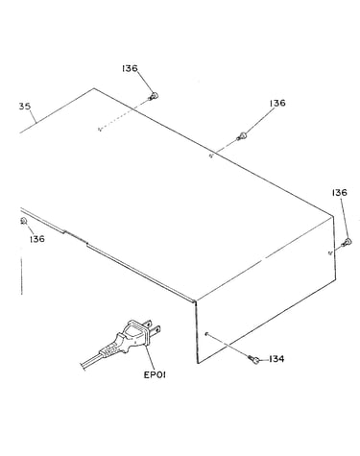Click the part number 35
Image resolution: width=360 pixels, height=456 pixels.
(x=25, y=107)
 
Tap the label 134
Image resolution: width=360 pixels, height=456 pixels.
(x=276, y=359)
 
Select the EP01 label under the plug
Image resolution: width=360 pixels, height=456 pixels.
(x=155, y=374)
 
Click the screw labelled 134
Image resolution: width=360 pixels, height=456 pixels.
(x=254, y=359)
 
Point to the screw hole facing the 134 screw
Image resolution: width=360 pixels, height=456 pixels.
(x=206, y=334)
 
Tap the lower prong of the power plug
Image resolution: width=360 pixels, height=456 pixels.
(x=156, y=329)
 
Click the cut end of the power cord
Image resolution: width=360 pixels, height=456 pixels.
(x=83, y=366)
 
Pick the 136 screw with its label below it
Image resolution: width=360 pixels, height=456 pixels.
(x=23, y=221)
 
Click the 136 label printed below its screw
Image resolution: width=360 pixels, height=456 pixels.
(x=37, y=239)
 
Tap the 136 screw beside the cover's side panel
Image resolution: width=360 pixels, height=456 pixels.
(x=347, y=242)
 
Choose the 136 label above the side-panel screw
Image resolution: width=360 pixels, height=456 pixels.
(x=340, y=193)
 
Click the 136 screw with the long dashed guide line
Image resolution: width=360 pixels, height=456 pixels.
(x=154, y=96)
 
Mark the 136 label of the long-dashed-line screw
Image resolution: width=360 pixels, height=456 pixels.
(x=130, y=68)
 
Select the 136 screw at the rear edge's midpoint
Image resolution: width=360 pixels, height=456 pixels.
(x=242, y=136)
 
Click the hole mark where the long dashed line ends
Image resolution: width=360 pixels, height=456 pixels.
(x=100, y=130)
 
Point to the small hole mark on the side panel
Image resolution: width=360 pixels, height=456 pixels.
(x=331, y=252)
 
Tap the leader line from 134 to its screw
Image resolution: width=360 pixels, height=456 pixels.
(x=264, y=360)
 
